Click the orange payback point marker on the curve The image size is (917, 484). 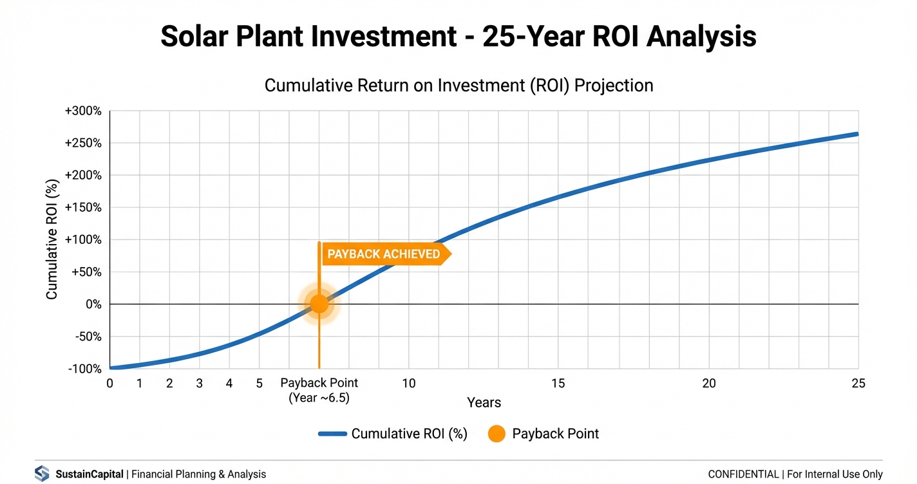point(319,304)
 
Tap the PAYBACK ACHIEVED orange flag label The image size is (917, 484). point(384,254)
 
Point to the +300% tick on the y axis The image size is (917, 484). point(83,111)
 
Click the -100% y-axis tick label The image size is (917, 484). point(85,369)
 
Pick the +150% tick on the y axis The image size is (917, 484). point(83,208)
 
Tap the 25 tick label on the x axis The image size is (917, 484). point(858,384)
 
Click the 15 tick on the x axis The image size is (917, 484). point(558,384)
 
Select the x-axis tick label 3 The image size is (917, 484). point(200,384)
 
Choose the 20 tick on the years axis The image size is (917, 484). point(708,384)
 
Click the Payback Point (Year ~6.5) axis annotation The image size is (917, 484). point(319,390)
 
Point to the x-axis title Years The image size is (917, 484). point(484,403)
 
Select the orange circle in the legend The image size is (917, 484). point(496,434)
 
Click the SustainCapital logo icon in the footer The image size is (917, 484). point(42,474)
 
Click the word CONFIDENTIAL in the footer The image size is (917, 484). point(743,474)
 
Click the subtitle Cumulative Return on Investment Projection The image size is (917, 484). point(458,86)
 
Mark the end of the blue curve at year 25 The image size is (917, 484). point(857,134)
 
